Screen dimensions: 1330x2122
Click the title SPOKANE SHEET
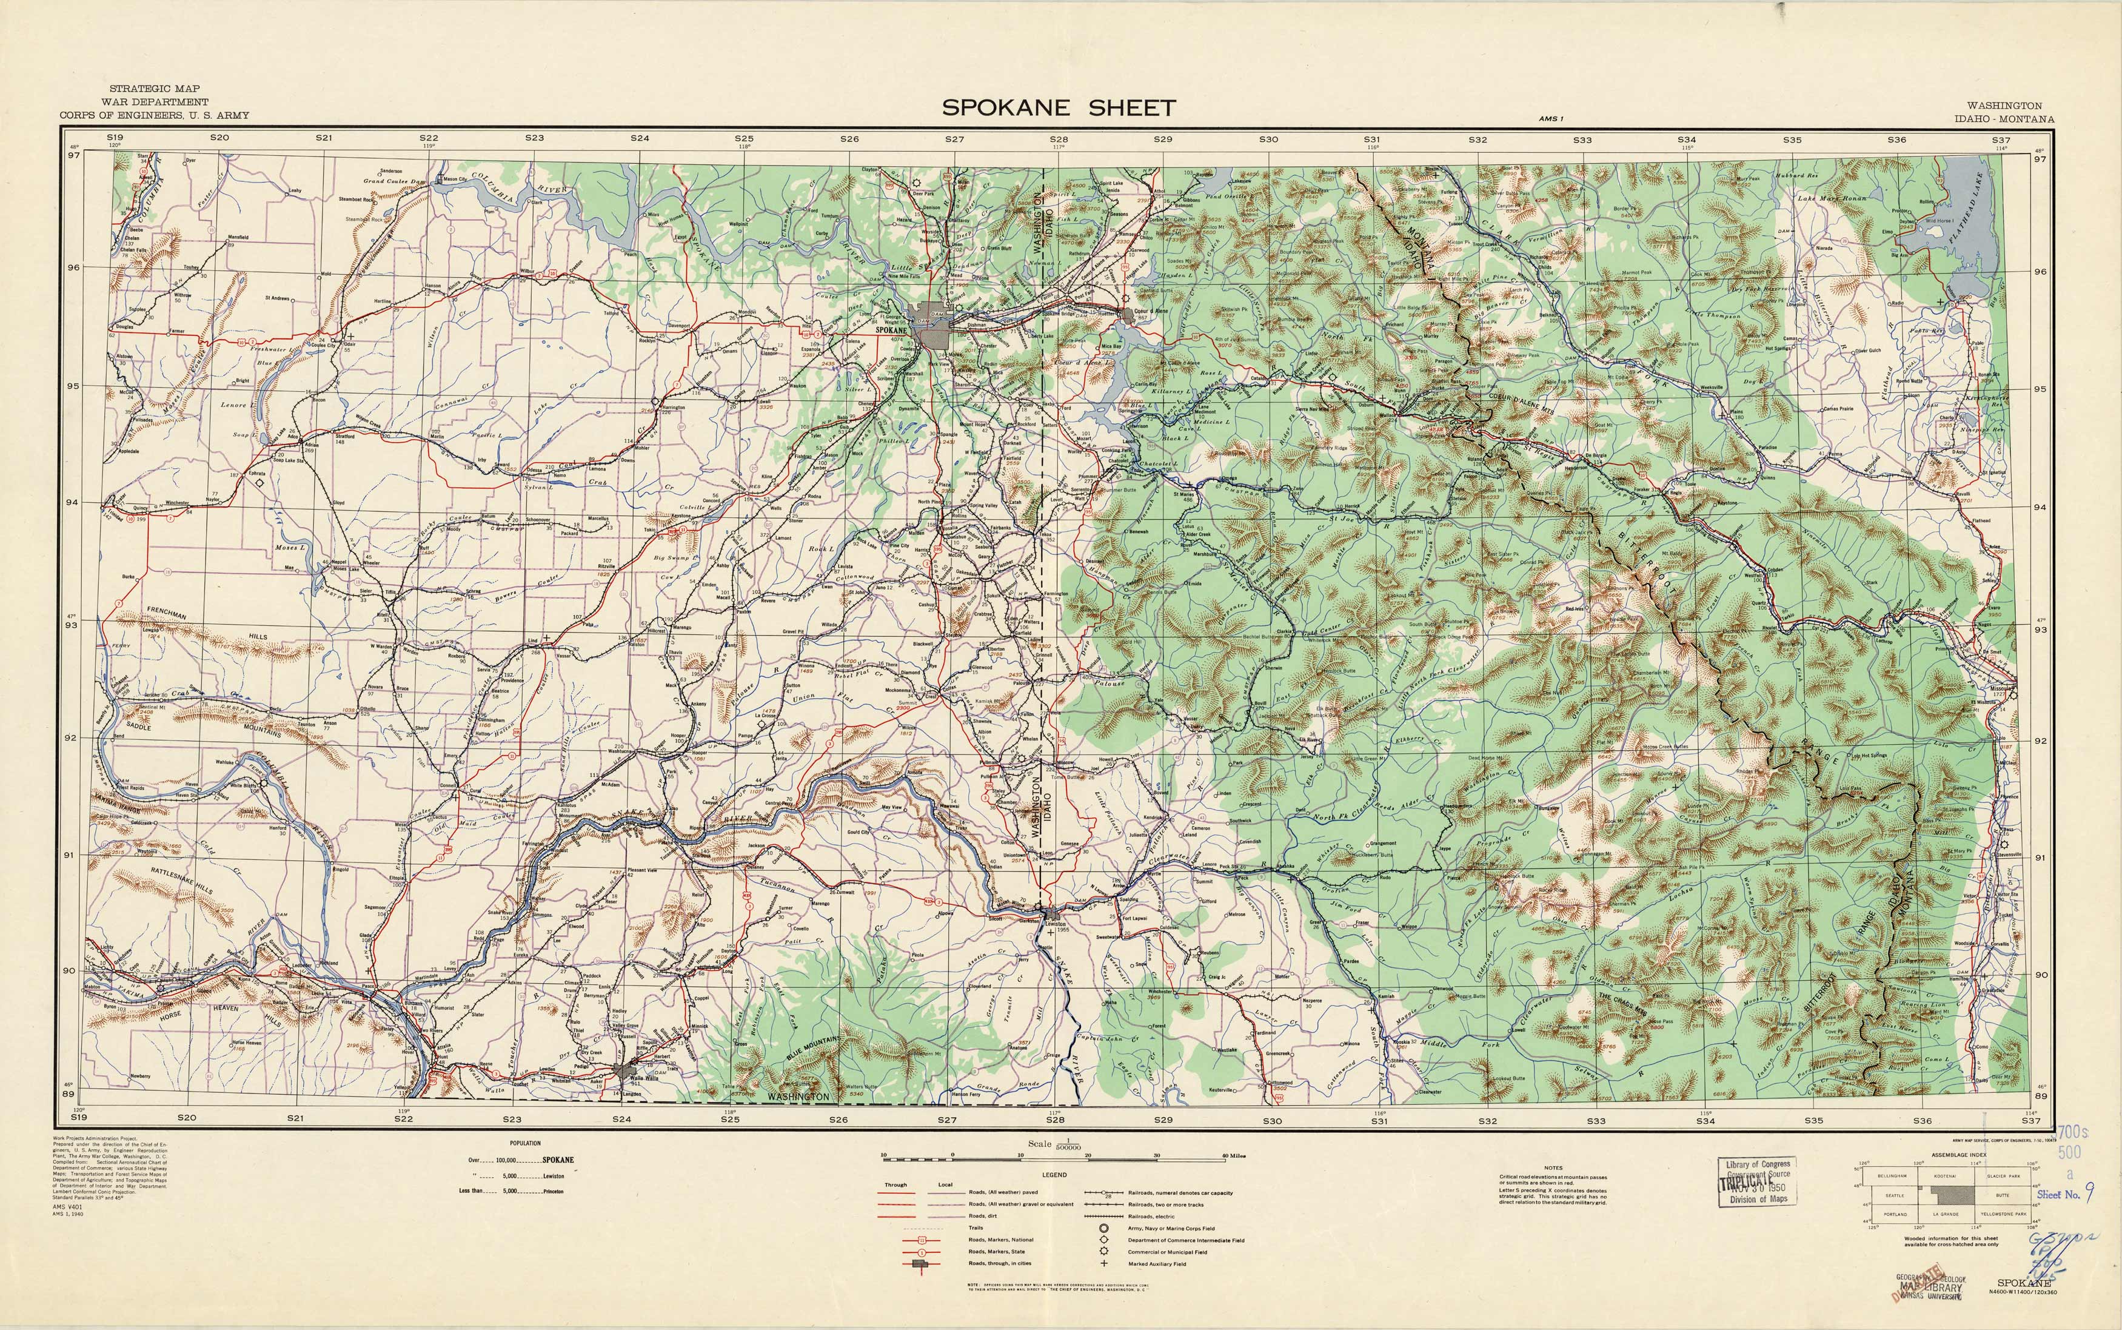[1058, 108]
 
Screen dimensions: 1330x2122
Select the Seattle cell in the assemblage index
[1894, 1195]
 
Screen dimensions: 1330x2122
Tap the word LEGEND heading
[1054, 1174]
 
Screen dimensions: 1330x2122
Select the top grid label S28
[1058, 139]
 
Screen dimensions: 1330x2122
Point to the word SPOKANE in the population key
[558, 1160]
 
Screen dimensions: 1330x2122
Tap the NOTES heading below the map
[1553, 1167]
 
